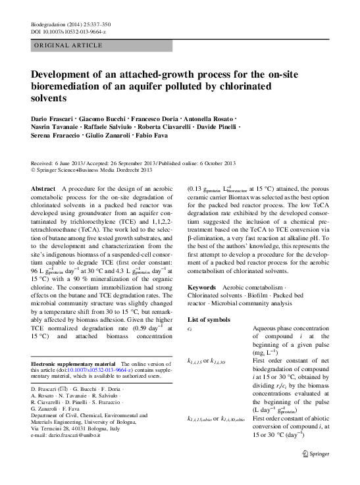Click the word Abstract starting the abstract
43,188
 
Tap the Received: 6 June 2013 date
59,162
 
